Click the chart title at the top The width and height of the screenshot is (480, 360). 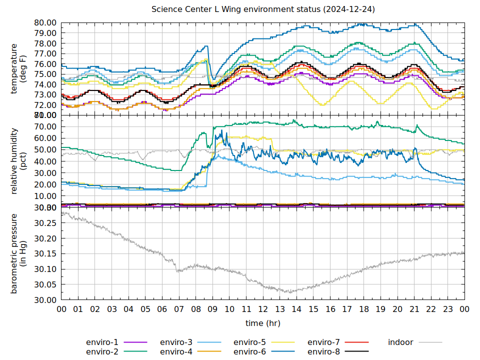[263, 9]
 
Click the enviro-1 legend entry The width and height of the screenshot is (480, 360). [102, 342]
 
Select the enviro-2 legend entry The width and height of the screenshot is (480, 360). [102, 352]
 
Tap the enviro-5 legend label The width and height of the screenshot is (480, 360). [250, 342]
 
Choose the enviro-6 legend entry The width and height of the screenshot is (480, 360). [250, 352]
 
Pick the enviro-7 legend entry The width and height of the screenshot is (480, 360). [323, 342]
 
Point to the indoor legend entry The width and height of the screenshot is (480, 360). [400, 342]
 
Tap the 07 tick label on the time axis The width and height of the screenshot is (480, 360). [179, 309]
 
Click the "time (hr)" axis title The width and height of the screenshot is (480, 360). [263, 323]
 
